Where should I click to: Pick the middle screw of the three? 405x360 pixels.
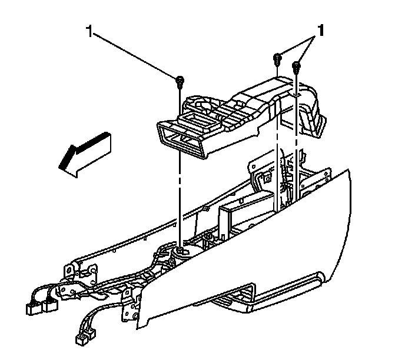pos(277,58)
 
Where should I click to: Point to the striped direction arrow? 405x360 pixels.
pos(82,152)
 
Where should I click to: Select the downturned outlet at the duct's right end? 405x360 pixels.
pos(311,118)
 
